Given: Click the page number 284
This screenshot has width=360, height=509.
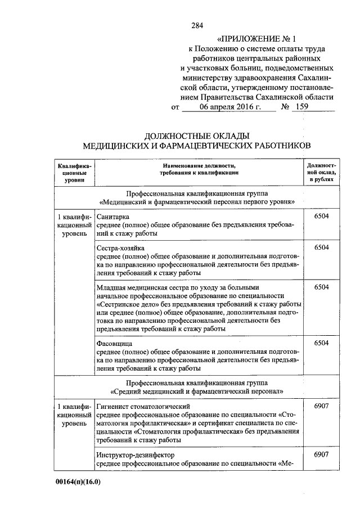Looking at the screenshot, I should click(197, 25).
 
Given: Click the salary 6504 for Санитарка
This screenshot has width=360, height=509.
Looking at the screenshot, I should click(321, 215).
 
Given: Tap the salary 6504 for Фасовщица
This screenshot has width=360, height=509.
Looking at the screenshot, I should click(321, 343).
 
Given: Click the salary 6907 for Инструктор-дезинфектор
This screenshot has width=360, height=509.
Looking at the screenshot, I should click(321, 454).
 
